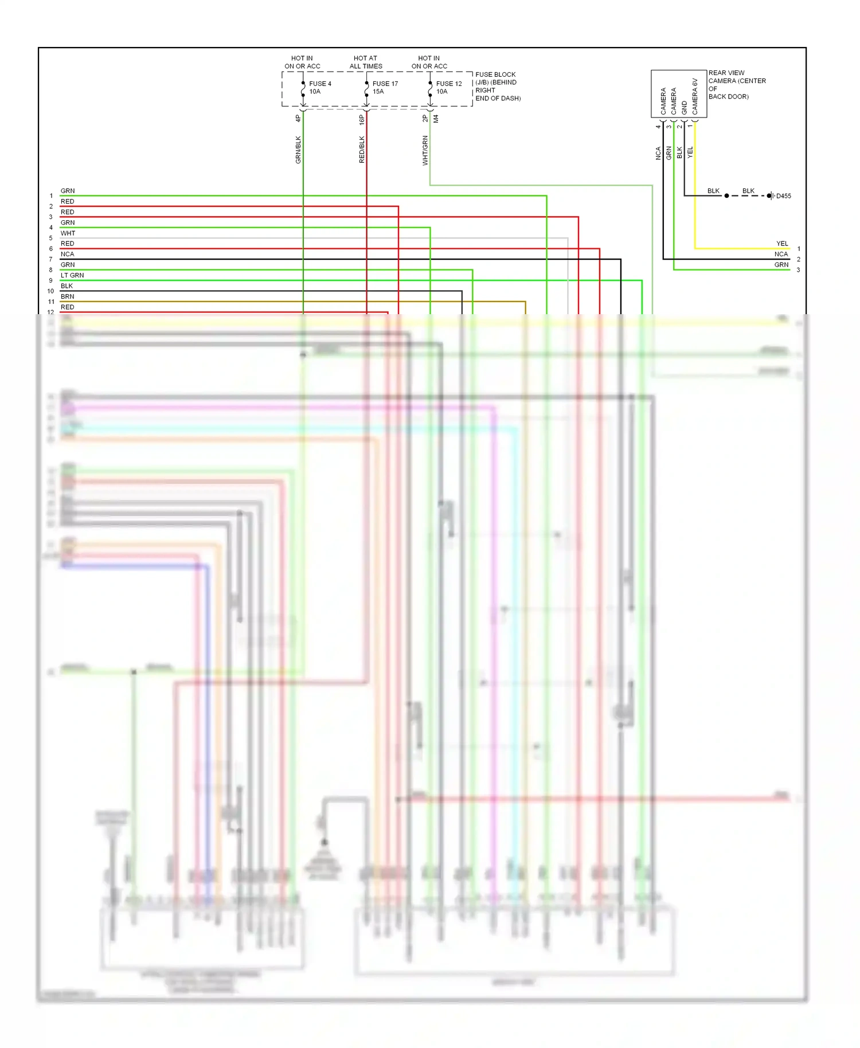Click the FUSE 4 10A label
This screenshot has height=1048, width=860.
[x=319, y=87]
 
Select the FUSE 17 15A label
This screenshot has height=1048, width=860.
[x=385, y=87]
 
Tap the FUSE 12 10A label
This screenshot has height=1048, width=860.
[x=448, y=87]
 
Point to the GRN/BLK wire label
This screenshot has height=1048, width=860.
[x=298, y=150]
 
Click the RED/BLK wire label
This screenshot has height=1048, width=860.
[x=362, y=150]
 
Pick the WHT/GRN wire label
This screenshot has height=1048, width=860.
[x=425, y=151]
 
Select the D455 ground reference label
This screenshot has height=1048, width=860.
[x=783, y=196]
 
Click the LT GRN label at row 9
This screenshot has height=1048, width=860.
[x=72, y=275]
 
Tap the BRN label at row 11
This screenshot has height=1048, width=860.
[x=68, y=296]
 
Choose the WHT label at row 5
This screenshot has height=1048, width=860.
[x=68, y=233]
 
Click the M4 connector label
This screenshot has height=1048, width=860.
[x=436, y=119]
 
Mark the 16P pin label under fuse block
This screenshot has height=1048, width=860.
[x=362, y=119]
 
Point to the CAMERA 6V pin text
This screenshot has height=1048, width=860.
[x=695, y=96]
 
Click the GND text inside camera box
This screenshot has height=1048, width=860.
[x=685, y=108]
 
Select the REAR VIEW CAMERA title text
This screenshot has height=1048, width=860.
[x=737, y=77]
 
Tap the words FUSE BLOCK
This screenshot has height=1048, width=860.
[x=495, y=75]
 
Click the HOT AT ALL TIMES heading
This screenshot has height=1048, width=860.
[x=366, y=62]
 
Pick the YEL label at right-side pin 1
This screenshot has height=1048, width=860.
[x=782, y=244]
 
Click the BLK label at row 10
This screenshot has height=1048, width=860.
[x=67, y=286]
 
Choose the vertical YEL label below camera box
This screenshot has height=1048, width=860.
[x=690, y=152]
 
